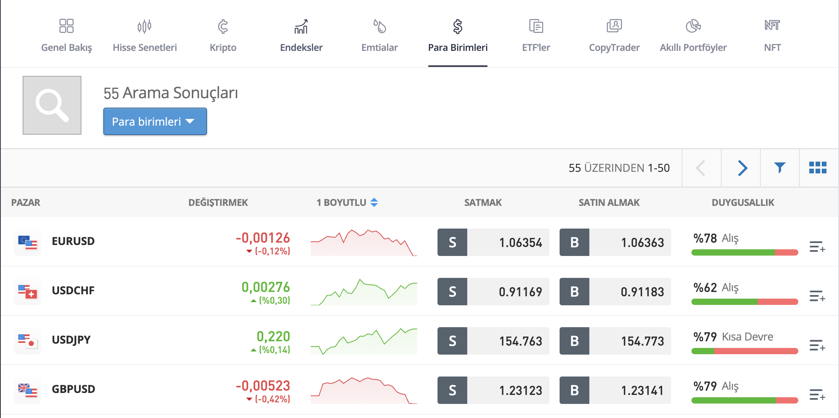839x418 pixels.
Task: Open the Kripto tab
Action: point(223,35)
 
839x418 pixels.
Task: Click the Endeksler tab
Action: point(301,35)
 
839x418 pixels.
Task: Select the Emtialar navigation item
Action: point(379,35)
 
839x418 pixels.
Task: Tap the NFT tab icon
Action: point(772,26)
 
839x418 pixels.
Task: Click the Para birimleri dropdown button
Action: point(155,121)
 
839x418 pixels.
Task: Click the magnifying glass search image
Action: point(52,105)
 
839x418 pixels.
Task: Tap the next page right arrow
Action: point(742,168)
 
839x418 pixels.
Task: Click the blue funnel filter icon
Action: point(780,168)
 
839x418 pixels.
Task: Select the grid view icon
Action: point(817,168)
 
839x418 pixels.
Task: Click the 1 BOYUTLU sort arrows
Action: point(374,202)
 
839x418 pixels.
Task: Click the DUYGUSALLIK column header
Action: point(742,202)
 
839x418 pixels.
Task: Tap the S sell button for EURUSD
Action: point(452,242)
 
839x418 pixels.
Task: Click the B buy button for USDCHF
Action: point(574,292)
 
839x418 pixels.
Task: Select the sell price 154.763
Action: point(520,341)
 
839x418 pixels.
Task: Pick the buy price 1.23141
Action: point(642,390)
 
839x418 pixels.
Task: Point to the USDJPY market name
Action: point(71,340)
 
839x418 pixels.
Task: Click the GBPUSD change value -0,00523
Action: point(263,386)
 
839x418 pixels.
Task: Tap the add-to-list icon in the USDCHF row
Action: point(817,296)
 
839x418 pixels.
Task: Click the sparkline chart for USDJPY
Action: point(364,341)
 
